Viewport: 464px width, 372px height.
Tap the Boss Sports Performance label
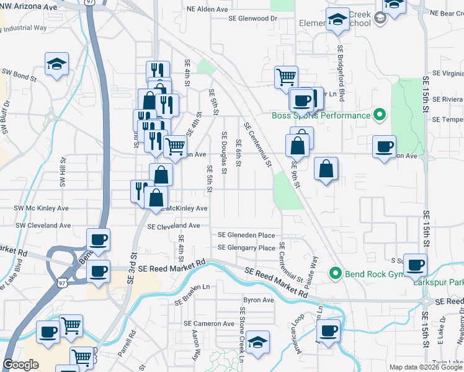320,115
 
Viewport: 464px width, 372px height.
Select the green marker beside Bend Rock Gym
336,272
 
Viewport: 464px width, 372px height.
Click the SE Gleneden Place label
246,235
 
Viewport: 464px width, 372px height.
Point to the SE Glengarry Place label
246,248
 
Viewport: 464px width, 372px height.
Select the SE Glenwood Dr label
252,19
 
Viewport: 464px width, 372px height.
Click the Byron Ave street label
259,300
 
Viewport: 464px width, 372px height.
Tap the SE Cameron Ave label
209,324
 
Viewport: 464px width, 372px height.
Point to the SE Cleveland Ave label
173,226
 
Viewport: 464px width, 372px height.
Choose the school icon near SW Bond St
56,64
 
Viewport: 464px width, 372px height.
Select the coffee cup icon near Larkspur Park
415,265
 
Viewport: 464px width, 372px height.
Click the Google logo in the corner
21,365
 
